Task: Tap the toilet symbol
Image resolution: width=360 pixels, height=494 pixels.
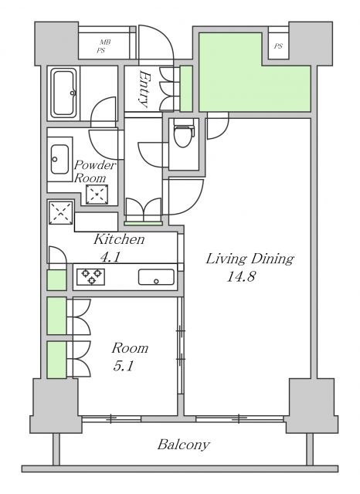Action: point(182,137)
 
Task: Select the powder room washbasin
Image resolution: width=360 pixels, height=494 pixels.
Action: point(59,161)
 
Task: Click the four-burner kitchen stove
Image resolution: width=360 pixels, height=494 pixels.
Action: point(90,276)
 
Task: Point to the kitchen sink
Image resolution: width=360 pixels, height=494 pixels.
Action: point(156,277)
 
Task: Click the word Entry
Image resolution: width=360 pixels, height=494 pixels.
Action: point(144,86)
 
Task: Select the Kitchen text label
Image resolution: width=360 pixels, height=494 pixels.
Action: point(119,239)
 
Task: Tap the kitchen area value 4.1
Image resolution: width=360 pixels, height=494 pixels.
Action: point(109,257)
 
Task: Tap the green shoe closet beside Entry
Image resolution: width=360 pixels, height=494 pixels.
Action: point(186,89)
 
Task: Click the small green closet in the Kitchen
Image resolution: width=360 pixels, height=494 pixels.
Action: point(56,280)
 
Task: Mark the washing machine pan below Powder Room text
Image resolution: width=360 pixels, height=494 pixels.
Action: point(97,195)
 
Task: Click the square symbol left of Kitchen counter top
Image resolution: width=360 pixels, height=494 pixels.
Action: point(60,212)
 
